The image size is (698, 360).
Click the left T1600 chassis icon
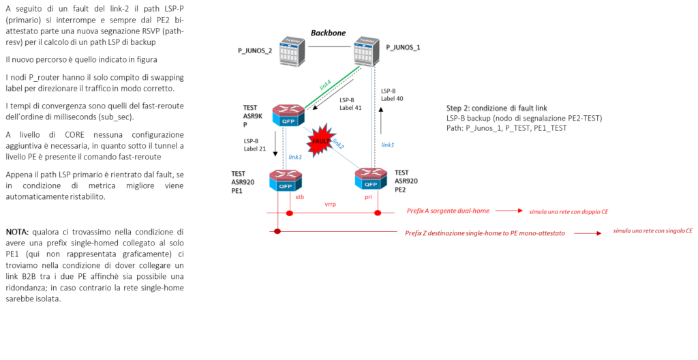(x=291, y=52)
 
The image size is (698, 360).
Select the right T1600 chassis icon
(x=366, y=51)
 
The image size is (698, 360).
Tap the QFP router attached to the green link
(x=288, y=115)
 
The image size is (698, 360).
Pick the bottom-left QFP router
(x=285, y=181)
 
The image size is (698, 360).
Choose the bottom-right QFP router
(x=371, y=179)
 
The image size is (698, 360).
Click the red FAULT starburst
(x=319, y=140)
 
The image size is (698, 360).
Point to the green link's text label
(x=325, y=85)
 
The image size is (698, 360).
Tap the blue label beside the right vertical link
(x=387, y=145)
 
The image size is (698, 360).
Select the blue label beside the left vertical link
(x=294, y=157)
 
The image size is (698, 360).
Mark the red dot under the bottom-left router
(x=290, y=213)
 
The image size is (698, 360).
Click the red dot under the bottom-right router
(x=378, y=213)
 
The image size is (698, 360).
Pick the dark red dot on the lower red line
(x=277, y=232)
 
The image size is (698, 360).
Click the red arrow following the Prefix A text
(x=509, y=211)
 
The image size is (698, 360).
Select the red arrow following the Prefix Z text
(x=588, y=233)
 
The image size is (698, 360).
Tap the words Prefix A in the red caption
(x=417, y=211)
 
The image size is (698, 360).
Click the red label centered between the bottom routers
(x=330, y=204)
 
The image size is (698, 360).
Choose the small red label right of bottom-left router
(x=299, y=198)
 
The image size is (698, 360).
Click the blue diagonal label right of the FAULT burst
(x=338, y=144)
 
